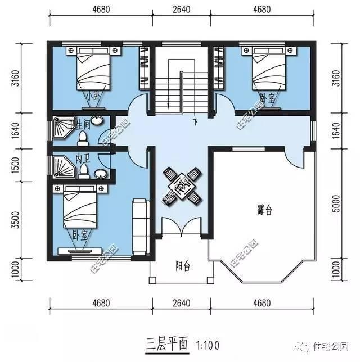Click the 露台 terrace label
264,211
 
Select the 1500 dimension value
15,164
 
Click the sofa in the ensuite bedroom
139,227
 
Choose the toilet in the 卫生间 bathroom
82,137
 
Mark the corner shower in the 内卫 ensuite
60,166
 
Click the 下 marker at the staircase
195,121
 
